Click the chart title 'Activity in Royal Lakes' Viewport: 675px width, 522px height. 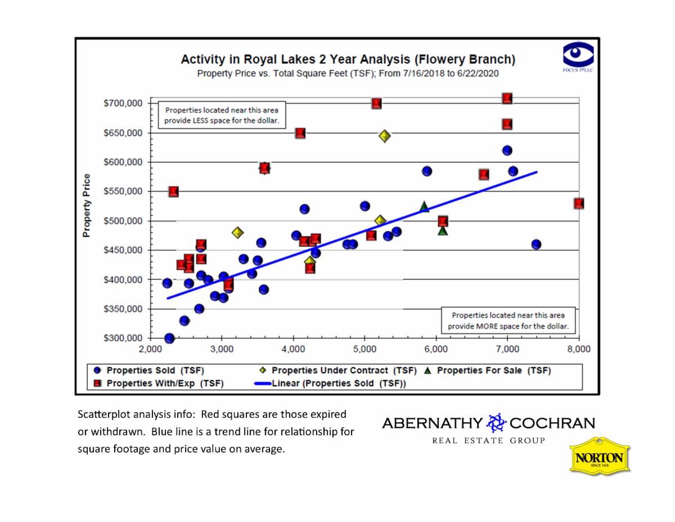coord(348,60)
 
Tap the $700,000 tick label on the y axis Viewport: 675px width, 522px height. coord(125,104)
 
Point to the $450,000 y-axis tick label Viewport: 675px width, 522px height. coord(125,250)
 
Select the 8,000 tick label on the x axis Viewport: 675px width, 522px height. coord(579,349)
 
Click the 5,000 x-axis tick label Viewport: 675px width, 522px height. coord(364,349)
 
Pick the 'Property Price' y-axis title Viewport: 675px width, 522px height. coord(87,206)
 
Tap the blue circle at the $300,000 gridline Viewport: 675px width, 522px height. coord(169,338)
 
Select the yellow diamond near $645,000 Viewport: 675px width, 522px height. coord(385,136)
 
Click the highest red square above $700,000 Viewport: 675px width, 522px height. coord(507,99)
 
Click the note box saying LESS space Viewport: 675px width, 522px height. coord(221,115)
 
